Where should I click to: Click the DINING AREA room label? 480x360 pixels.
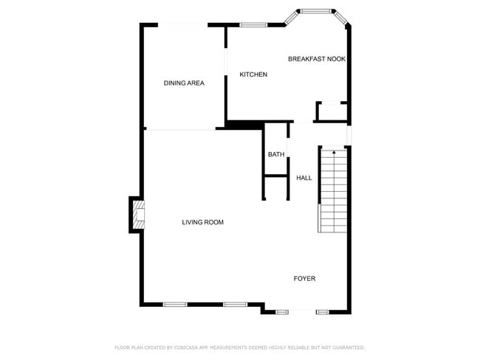coord(184,83)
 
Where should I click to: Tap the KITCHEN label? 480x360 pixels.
coord(253,75)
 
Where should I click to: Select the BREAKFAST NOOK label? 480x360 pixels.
coord(316,58)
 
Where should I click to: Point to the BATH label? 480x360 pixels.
coord(276,154)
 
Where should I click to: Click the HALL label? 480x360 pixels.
coord(304,178)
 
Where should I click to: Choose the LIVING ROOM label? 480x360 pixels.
coord(202,222)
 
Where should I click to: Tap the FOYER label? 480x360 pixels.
coord(304,278)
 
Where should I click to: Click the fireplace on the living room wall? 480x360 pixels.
coord(137,214)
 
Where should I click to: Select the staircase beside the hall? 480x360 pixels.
coord(333,190)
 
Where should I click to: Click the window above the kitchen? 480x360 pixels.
coord(253,25)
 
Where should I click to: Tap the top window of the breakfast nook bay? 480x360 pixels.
coord(316,11)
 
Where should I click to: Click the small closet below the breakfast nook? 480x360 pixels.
coord(331,111)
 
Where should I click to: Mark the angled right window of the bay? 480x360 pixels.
coord(343,18)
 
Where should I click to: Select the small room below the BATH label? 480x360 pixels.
coord(276,187)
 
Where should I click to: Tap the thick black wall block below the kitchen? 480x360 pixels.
coord(244,125)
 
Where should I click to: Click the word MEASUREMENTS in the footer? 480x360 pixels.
coord(236,347)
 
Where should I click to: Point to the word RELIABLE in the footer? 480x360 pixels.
coord(304,347)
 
